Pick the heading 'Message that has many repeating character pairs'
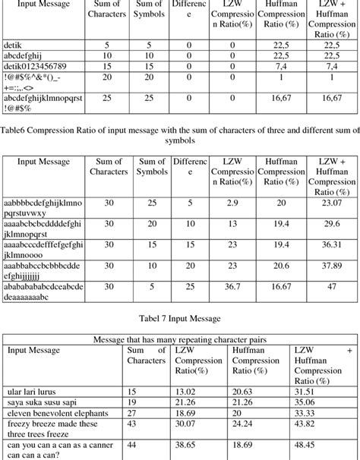(x=180, y=339)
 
